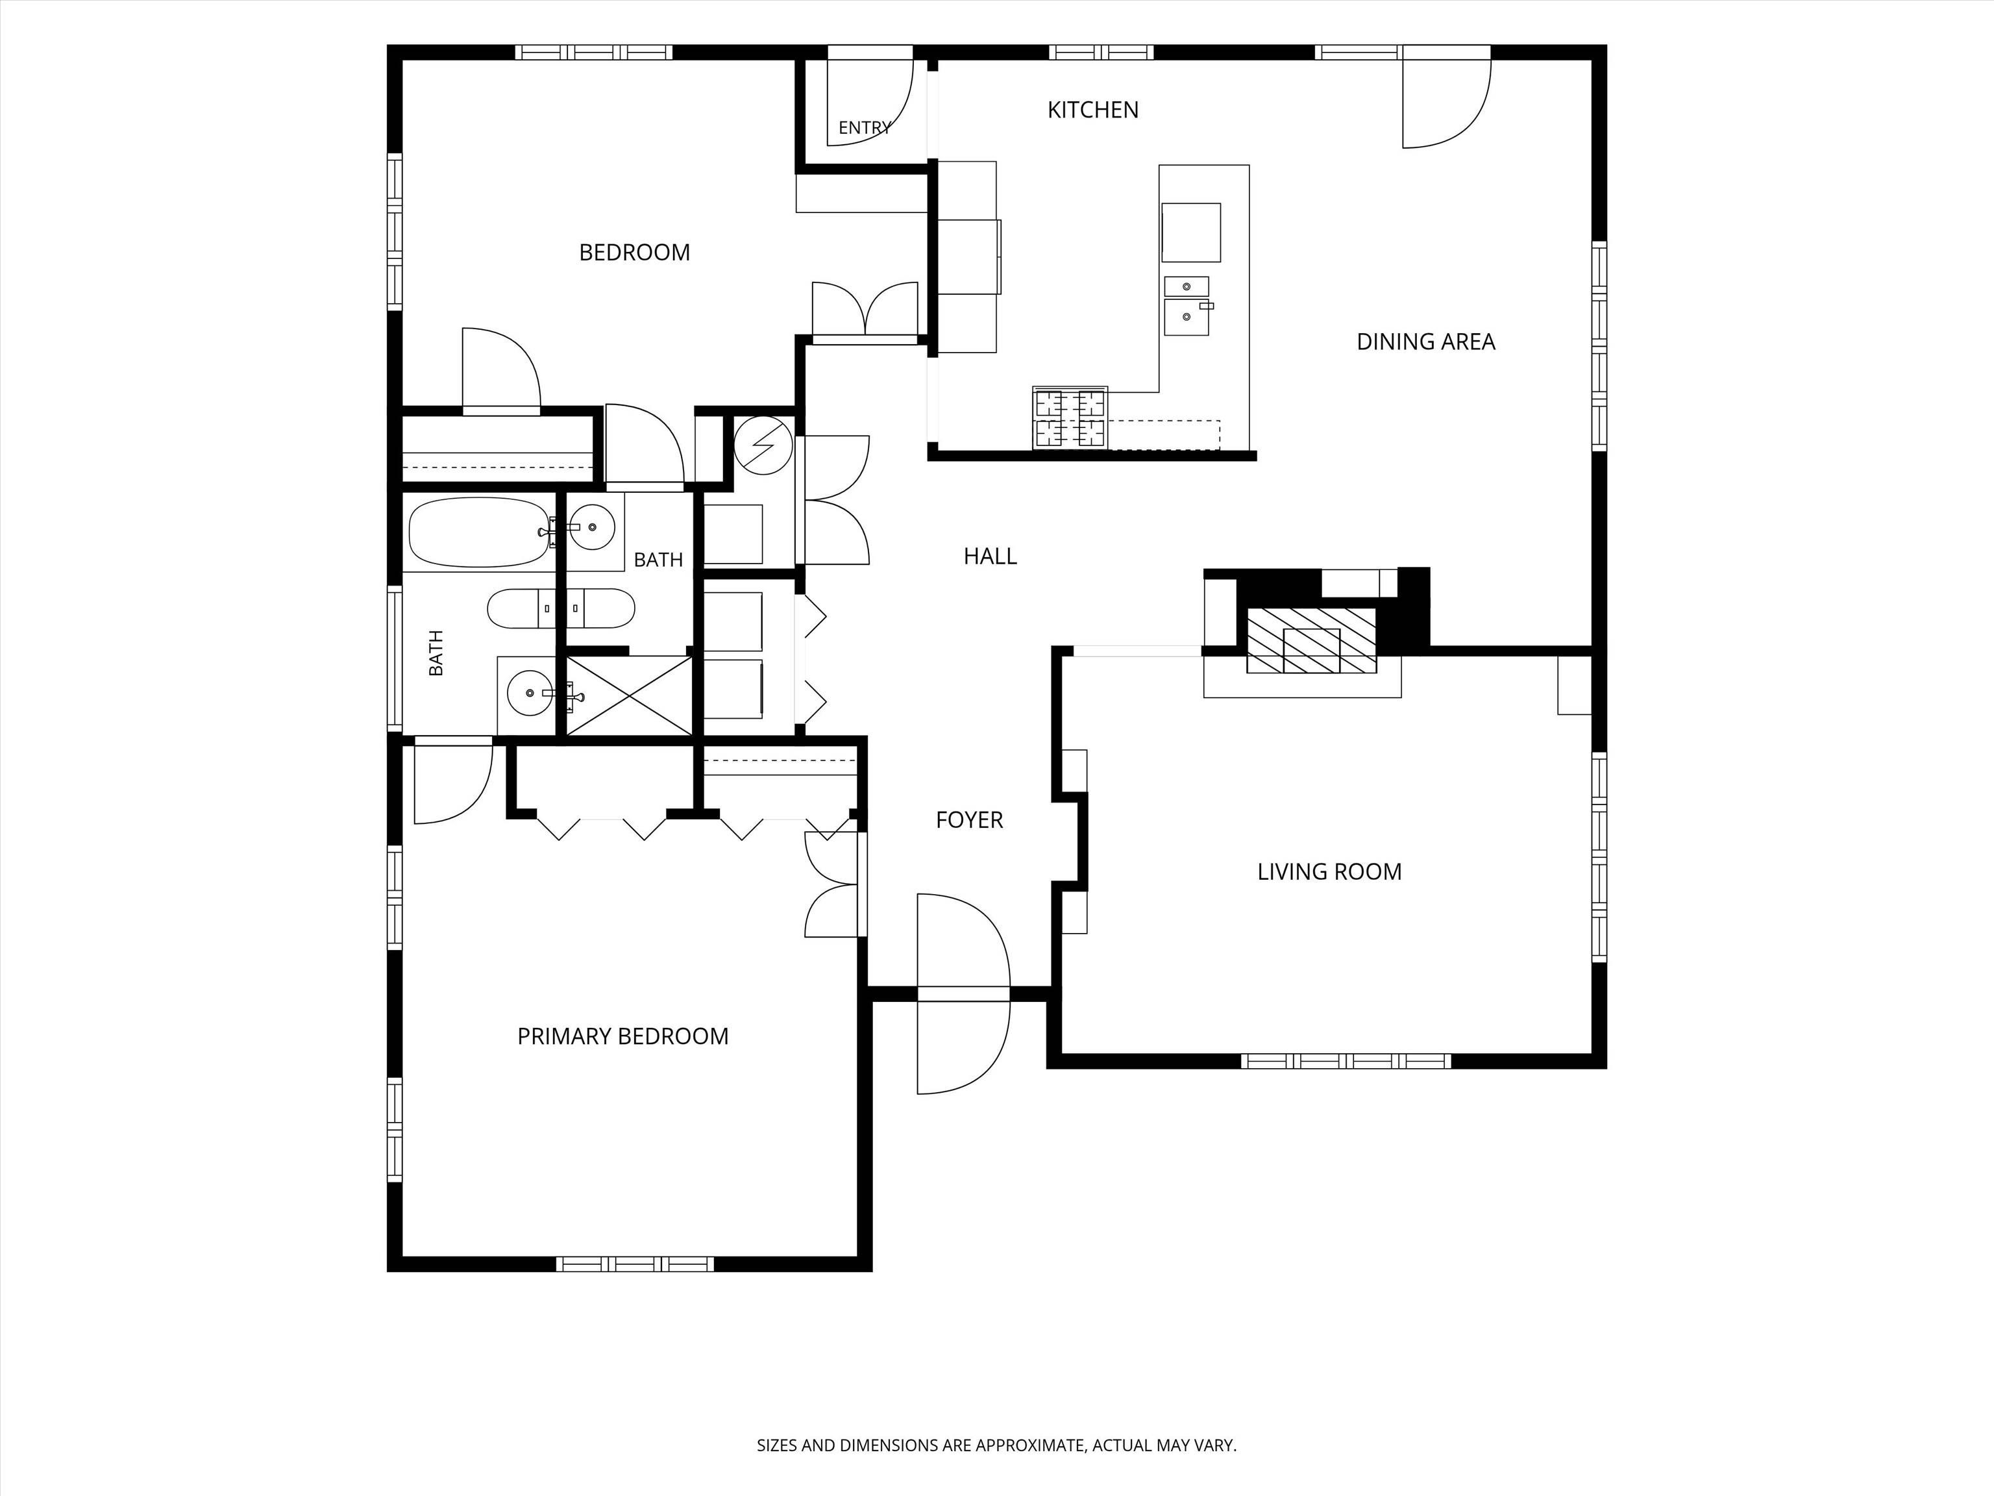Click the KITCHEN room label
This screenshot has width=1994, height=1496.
point(1092,110)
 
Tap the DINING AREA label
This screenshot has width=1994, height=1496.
point(1425,342)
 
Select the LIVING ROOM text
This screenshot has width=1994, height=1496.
point(1329,872)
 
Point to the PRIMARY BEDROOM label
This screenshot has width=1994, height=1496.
point(623,1036)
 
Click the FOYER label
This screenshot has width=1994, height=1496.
point(969,819)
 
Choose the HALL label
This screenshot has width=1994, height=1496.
point(990,556)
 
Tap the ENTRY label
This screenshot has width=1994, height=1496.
point(865,128)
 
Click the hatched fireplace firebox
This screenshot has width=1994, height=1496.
point(1312,640)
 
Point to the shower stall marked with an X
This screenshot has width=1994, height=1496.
point(628,695)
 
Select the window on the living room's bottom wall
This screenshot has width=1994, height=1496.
point(1345,1062)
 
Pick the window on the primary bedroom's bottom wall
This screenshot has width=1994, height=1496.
point(635,1264)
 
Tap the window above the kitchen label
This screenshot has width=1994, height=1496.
point(1101,53)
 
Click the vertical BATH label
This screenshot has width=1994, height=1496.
point(436,653)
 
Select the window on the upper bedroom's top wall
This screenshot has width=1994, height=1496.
point(593,53)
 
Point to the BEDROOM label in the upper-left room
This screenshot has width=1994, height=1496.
point(635,253)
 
